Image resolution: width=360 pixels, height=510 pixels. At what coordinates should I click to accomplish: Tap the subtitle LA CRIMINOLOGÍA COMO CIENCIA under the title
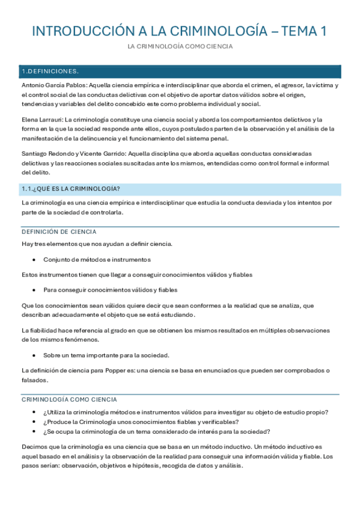180,46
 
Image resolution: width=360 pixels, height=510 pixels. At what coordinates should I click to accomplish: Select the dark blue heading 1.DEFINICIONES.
50,72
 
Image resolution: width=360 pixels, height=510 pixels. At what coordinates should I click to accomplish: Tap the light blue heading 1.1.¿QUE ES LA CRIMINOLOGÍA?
71,189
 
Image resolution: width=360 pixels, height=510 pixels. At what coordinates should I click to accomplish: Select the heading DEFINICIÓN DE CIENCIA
59,232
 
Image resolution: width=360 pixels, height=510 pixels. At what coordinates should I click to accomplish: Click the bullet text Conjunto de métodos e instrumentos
97,260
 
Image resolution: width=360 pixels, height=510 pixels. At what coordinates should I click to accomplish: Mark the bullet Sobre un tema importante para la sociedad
106,355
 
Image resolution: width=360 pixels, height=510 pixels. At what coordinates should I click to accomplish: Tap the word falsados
34,380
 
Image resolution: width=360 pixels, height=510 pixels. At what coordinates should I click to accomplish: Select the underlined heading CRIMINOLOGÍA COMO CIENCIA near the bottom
69,399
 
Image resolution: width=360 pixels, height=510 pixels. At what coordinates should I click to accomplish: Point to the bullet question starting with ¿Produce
141,422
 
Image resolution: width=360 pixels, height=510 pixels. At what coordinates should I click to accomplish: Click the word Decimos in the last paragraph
34,447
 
